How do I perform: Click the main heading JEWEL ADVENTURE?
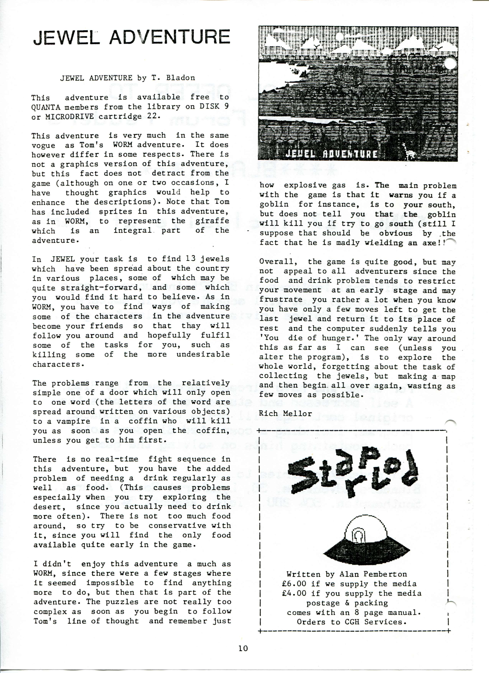(131, 37)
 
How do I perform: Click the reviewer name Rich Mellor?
(285, 413)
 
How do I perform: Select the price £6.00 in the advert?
(294, 584)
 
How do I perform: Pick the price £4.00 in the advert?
(294, 593)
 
